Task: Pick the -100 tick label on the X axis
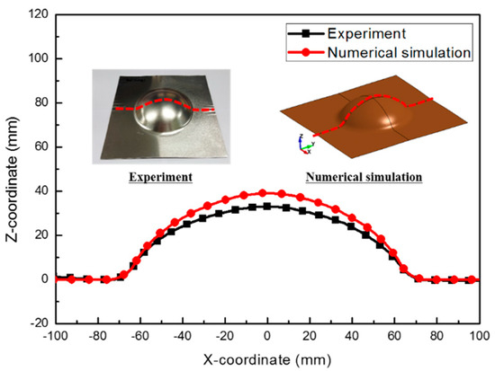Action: pyautogui.click(x=55, y=337)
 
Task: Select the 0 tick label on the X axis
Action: pyautogui.click(x=266, y=337)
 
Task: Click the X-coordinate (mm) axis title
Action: pyautogui.click(x=265, y=358)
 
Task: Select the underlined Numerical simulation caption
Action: pyautogui.click(x=364, y=177)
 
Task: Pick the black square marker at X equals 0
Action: pyautogui.click(x=266, y=207)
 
